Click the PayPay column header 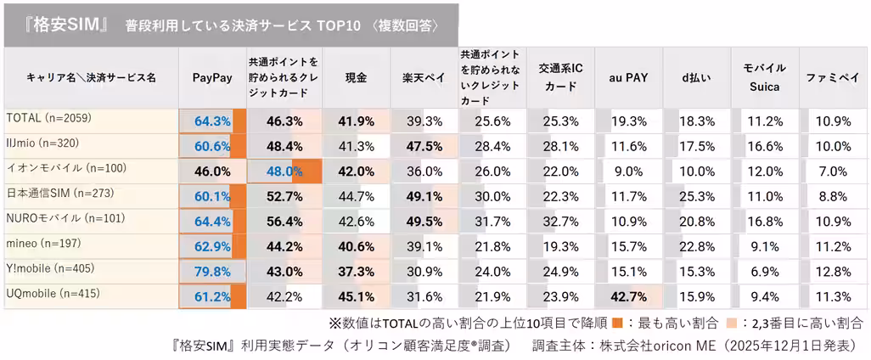(212, 77)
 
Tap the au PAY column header (628, 77)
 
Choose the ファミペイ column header (832, 77)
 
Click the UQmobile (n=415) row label (53, 294)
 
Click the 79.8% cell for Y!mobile (212, 272)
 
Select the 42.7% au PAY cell (628, 297)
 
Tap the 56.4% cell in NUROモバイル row (284, 222)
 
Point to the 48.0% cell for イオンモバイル (284, 172)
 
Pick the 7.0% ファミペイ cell (832, 172)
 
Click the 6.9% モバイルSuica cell (764, 272)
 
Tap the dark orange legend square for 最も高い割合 (618, 323)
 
